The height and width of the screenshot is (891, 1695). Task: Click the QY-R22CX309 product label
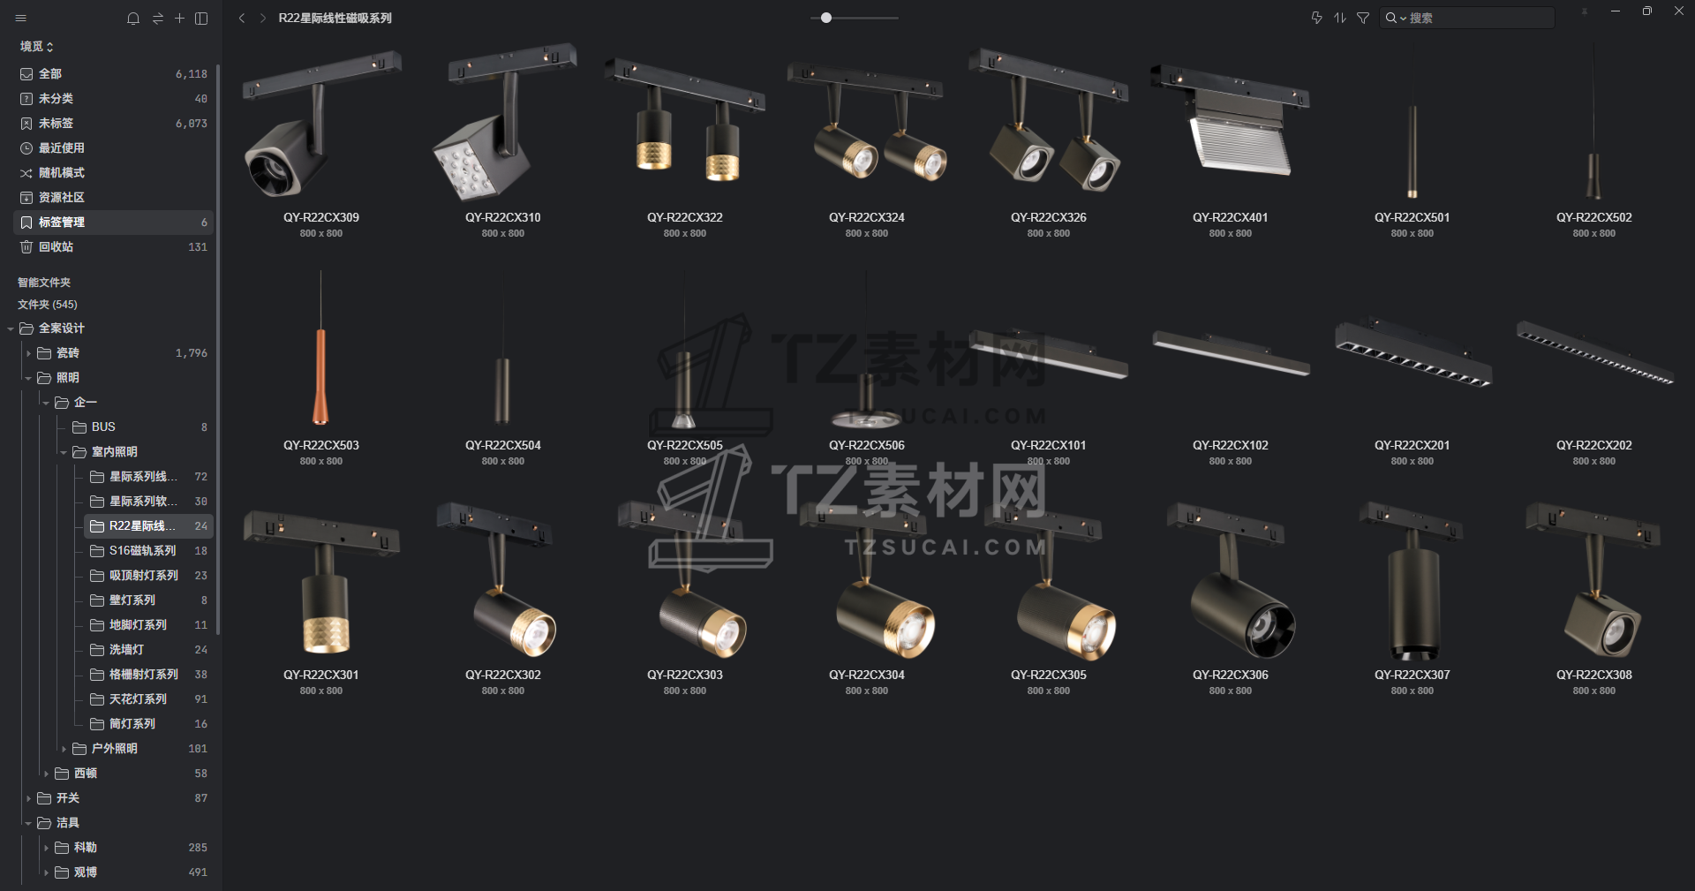pyautogui.click(x=321, y=217)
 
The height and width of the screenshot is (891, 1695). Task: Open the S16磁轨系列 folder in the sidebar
pyautogui.click(x=142, y=550)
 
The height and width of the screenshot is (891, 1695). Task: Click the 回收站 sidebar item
pyautogui.click(x=56, y=246)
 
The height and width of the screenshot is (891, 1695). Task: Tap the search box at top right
pyautogui.click(x=1467, y=18)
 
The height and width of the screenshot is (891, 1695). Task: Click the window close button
pyautogui.click(x=1678, y=11)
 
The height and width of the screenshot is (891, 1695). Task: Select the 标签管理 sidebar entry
pyautogui.click(x=62, y=222)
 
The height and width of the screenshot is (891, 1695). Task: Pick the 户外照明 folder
pyautogui.click(x=115, y=748)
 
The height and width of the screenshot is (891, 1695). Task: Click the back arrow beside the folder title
pyautogui.click(x=242, y=18)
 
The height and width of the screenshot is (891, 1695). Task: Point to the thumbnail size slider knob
pyautogui.click(x=826, y=18)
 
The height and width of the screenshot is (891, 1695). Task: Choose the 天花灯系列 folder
pyautogui.click(x=138, y=698)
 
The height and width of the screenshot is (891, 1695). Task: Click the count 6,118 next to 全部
pyautogui.click(x=192, y=74)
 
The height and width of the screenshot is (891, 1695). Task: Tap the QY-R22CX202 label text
pyautogui.click(x=1594, y=445)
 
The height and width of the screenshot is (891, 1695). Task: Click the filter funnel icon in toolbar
pyautogui.click(x=1363, y=18)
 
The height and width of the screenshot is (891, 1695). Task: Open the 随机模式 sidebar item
pyautogui.click(x=61, y=172)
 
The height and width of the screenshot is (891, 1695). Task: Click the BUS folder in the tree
pyautogui.click(x=103, y=427)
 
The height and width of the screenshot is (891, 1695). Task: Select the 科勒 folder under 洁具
pyautogui.click(x=85, y=847)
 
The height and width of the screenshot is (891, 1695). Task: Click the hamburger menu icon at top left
pyautogui.click(x=21, y=18)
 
